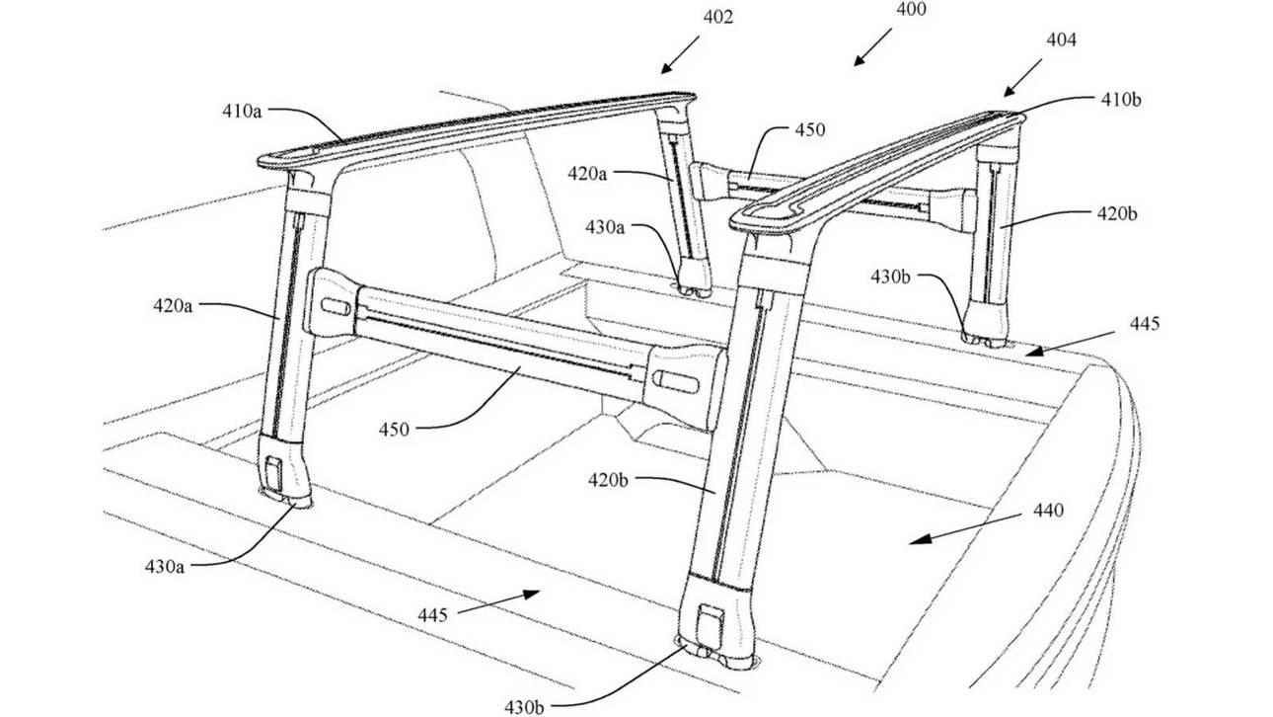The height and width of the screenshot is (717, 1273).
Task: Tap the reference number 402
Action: pyautogui.click(x=717, y=17)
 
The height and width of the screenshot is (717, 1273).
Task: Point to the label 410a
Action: pyautogui.click(x=242, y=112)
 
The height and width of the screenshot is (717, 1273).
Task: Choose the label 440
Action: pyautogui.click(x=1048, y=511)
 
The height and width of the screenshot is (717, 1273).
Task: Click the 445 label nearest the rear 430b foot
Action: pyautogui.click(x=1145, y=323)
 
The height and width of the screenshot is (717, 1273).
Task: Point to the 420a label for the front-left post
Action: pyautogui.click(x=173, y=306)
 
